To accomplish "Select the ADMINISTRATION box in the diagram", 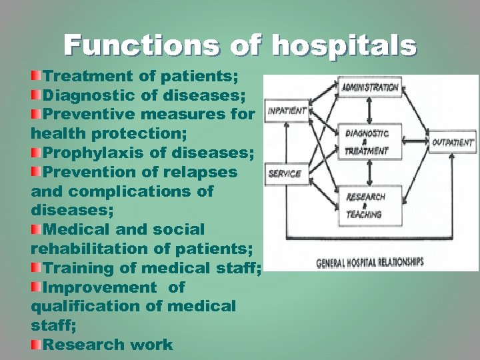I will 370,87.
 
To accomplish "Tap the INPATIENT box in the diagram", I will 287,111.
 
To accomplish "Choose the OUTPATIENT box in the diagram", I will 453,142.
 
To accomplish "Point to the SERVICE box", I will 285,174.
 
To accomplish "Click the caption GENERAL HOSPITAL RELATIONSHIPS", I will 369,262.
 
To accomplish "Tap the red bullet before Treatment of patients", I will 37,72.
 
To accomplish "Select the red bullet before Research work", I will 37,345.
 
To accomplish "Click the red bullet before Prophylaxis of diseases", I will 37,153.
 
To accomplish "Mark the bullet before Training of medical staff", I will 37,268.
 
